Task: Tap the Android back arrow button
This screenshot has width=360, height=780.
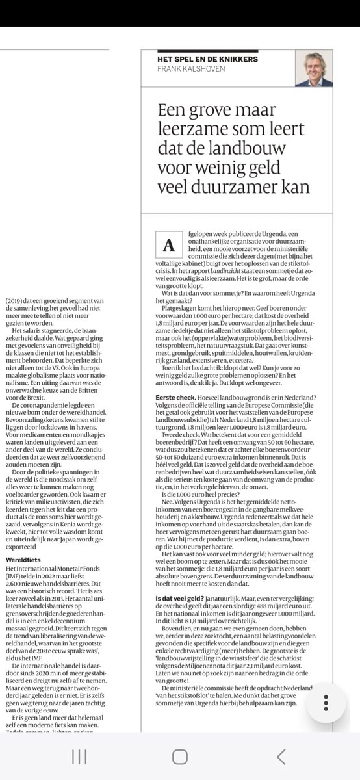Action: click(x=281, y=756)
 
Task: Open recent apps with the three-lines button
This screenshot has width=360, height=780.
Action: click(x=79, y=756)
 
